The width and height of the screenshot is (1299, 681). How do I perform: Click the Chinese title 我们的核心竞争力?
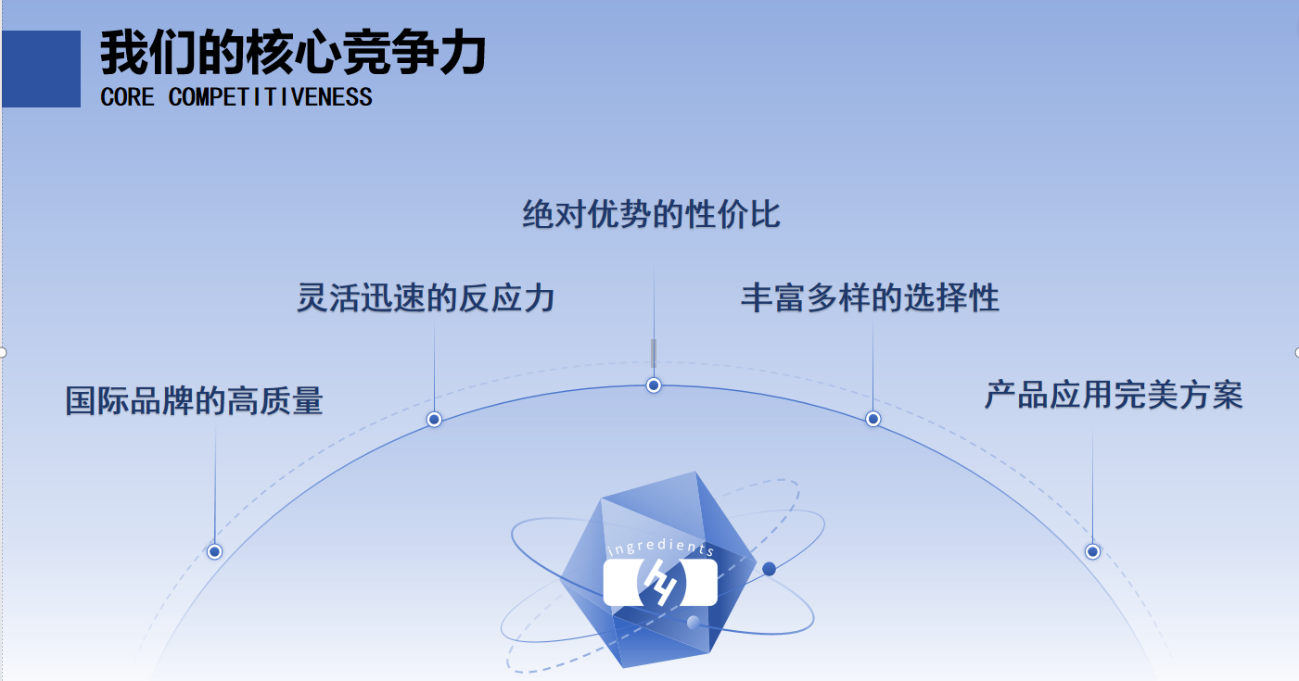[x=293, y=53]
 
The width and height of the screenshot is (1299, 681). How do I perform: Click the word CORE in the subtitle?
[x=127, y=96]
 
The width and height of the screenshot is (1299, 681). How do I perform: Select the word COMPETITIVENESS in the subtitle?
[x=270, y=96]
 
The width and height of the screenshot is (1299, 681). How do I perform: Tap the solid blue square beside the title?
[x=41, y=69]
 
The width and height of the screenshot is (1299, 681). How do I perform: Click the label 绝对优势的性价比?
[x=651, y=215]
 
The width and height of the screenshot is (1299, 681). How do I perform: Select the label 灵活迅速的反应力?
[x=426, y=298]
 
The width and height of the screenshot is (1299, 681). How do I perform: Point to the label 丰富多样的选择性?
[x=870, y=298]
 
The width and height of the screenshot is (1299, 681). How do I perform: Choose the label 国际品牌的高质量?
[x=194, y=401]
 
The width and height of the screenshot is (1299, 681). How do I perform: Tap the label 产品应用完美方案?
[x=1113, y=396]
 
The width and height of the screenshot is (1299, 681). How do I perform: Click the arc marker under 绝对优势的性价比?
[x=654, y=385]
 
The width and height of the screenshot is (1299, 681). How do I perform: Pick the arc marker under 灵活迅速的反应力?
[x=434, y=419]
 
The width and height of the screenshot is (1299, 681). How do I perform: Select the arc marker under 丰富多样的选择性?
[x=872, y=419]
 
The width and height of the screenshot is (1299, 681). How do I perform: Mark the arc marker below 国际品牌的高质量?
[x=214, y=551]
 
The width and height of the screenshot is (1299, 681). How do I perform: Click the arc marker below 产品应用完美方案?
[x=1092, y=551]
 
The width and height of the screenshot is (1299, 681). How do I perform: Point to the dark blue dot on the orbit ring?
[x=769, y=569]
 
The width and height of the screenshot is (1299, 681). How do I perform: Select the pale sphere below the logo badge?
[x=693, y=623]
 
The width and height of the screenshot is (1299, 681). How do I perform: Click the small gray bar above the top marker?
[x=654, y=353]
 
